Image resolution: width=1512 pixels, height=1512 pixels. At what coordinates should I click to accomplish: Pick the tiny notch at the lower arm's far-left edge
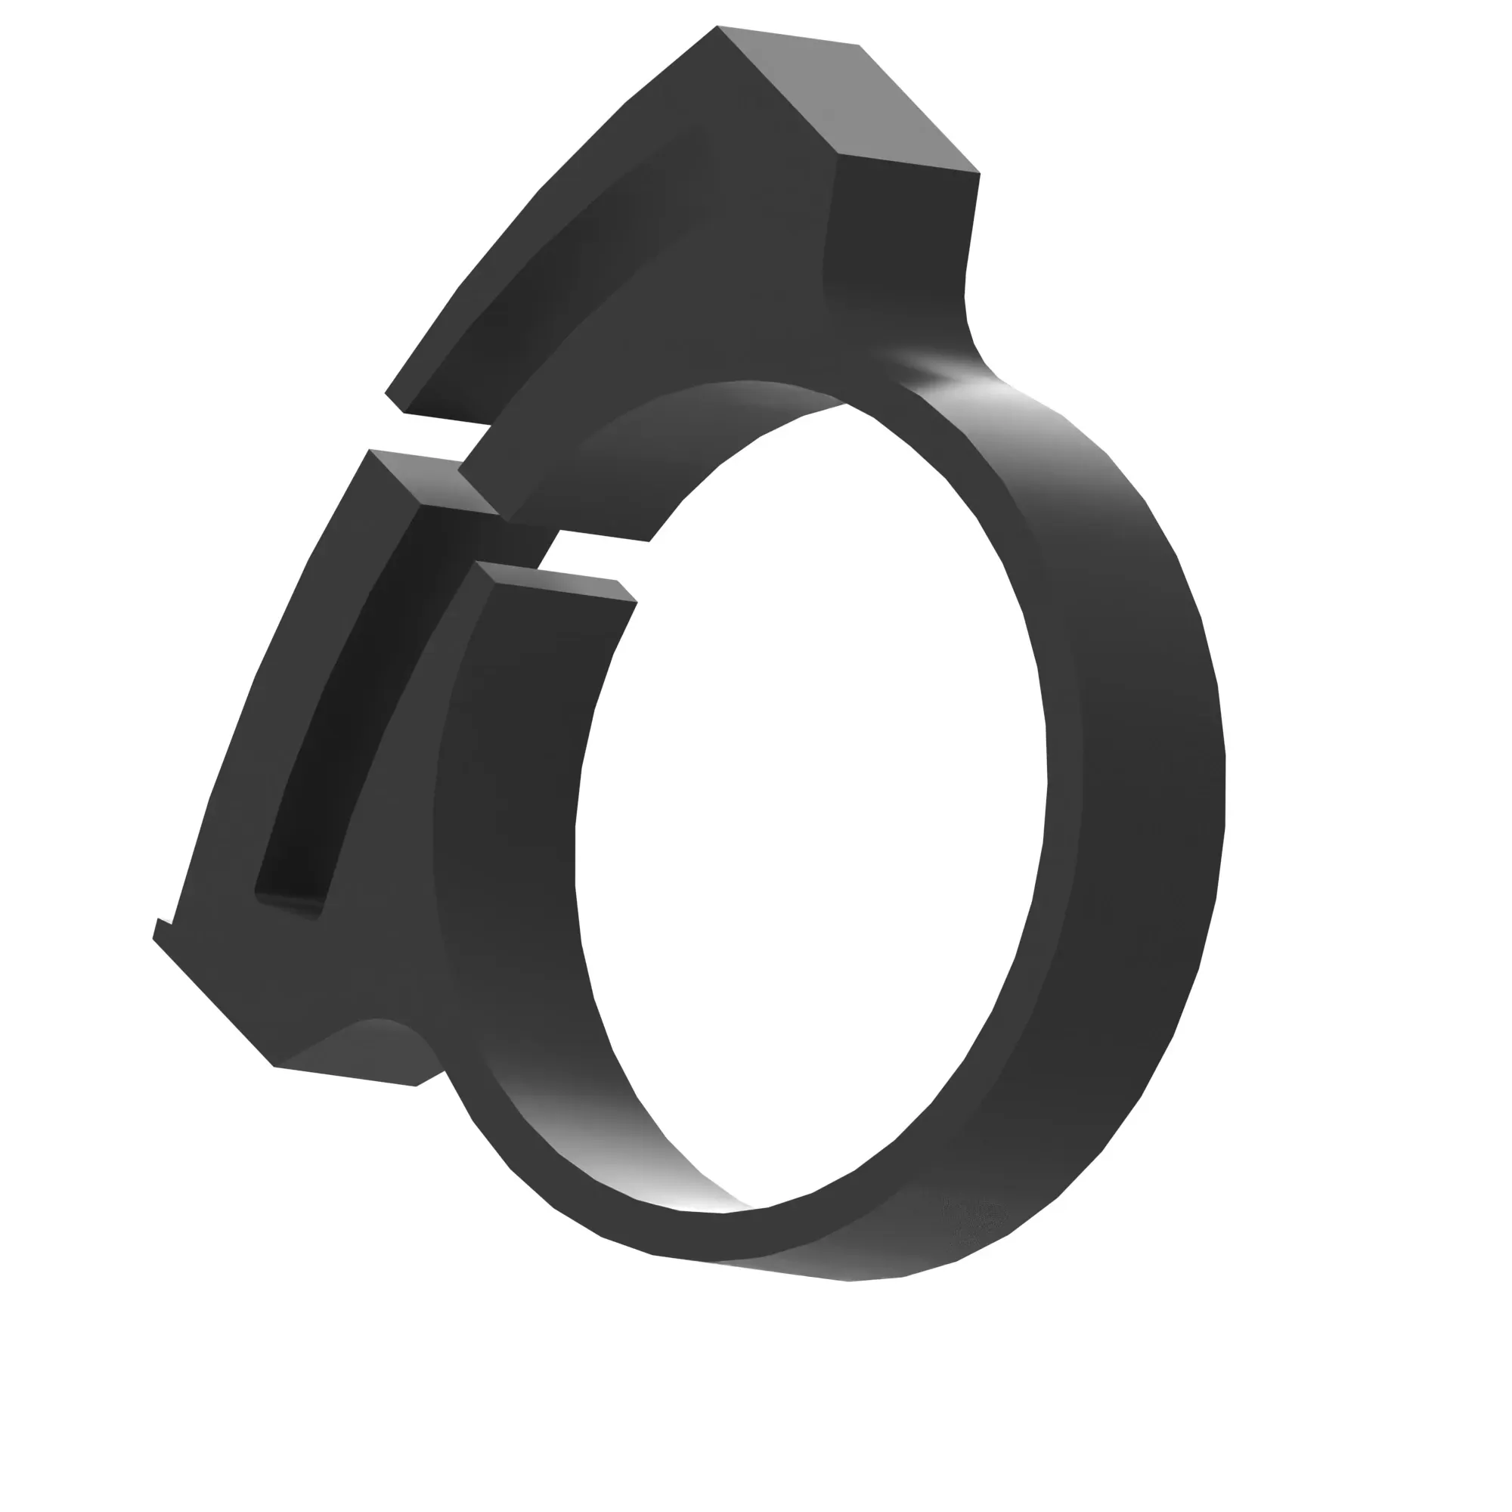coord(161,928)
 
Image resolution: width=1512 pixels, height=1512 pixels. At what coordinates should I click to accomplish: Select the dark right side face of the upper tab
coord(900,235)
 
